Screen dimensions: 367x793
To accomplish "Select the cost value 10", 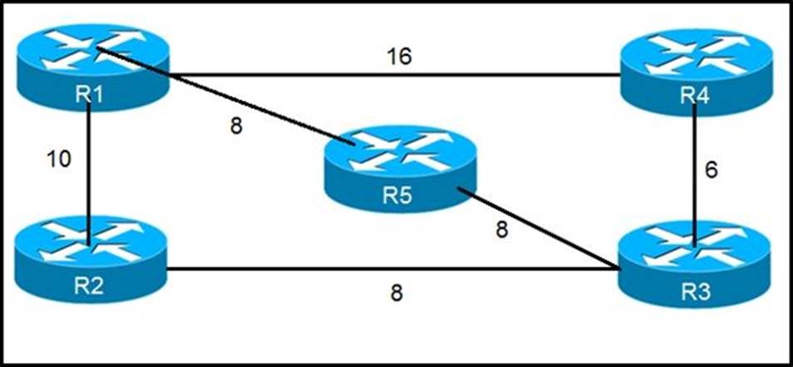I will point(57,158).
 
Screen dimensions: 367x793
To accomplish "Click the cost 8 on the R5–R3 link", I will point(501,230).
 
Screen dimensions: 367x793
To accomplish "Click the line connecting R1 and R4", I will point(391,75).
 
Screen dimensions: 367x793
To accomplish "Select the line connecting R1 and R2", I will point(89,166).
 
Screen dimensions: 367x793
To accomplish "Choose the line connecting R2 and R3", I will point(391,269).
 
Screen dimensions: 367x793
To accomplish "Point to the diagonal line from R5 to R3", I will point(541,233).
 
